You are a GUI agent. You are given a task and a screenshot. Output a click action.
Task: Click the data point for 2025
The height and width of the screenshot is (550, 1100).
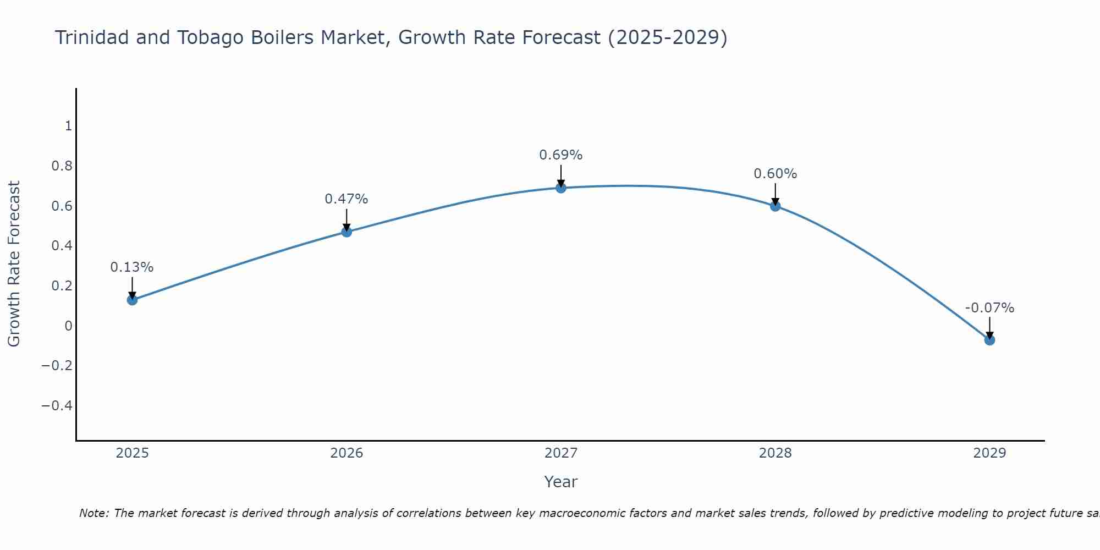[x=132, y=300]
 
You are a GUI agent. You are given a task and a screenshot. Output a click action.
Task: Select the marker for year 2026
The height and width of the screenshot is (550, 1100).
[x=346, y=232]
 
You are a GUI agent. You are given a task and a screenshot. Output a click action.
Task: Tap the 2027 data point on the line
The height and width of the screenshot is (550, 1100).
[x=561, y=188]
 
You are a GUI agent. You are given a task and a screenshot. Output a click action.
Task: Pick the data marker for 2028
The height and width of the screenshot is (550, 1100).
[x=776, y=206]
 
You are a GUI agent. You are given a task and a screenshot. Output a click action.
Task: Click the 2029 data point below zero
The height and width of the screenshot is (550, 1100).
[x=989, y=340]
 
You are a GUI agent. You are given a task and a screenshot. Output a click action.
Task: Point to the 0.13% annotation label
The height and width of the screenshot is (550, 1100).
[x=132, y=267]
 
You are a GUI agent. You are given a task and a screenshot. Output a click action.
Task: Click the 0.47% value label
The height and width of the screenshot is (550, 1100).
[x=346, y=199]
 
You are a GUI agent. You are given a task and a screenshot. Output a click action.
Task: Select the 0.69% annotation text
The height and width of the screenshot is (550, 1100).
[x=561, y=155]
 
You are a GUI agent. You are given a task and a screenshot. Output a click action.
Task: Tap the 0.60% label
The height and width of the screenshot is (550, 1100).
[x=776, y=174]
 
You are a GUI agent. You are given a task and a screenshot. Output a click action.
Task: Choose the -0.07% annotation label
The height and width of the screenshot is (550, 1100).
[x=989, y=308]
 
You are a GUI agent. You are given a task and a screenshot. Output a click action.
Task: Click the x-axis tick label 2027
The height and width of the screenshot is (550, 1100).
[x=561, y=453]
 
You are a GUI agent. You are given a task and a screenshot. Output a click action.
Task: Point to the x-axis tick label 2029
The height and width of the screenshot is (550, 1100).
[x=989, y=453]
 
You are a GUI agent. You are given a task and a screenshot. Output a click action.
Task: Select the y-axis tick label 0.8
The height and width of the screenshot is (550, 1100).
[x=62, y=166]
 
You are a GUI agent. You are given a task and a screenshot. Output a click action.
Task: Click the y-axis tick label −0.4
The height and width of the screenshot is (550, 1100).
[x=57, y=406]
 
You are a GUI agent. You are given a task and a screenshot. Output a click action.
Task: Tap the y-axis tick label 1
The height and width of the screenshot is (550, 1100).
[x=68, y=126]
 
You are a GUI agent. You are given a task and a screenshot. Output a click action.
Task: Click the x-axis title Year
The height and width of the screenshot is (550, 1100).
[x=561, y=482]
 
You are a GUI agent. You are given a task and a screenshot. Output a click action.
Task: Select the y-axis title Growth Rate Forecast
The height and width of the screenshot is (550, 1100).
[x=14, y=264]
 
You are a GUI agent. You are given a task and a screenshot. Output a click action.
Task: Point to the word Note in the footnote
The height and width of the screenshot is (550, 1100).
[x=94, y=513]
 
